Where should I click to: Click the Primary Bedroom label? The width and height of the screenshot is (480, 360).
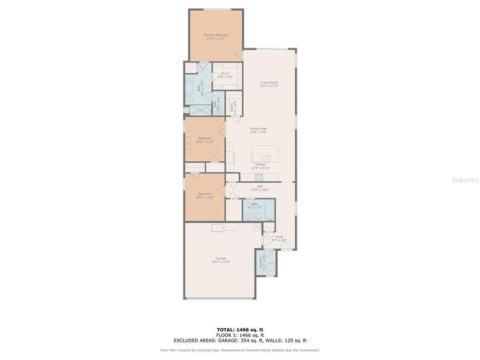[216, 37]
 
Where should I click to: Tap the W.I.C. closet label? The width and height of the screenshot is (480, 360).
[226, 75]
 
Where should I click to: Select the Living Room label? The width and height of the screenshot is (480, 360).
[269, 84]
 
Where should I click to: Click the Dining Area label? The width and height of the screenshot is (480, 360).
[259, 130]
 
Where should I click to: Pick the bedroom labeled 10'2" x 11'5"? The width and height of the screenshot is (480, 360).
[204, 140]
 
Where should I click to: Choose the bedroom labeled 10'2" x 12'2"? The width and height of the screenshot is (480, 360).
[205, 196]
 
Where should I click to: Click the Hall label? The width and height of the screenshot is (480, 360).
[260, 188]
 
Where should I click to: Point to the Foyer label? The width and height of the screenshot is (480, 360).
[279, 238]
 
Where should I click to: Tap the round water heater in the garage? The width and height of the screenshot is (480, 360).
[256, 227]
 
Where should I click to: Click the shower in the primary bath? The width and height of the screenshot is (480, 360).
[197, 110]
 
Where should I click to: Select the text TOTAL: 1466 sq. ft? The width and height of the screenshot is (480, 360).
[240, 329]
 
